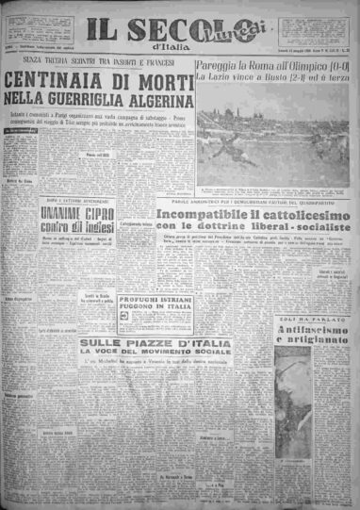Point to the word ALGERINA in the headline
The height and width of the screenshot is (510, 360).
[155, 97]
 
